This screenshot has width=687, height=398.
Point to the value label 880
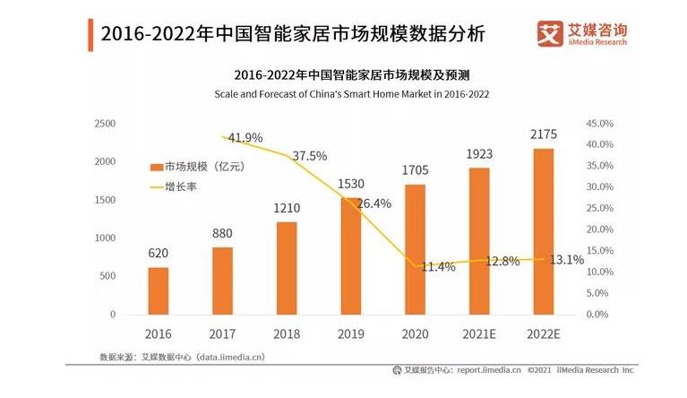tap(222, 232)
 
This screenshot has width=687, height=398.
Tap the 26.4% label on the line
tap(374, 203)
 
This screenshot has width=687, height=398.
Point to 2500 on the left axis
tap(105, 123)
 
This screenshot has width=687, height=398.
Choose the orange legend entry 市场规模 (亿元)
tap(197, 167)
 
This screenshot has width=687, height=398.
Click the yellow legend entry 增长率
tap(179, 187)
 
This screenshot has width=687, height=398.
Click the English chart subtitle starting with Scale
tap(351, 93)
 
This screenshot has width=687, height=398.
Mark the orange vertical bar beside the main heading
tap(90, 34)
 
